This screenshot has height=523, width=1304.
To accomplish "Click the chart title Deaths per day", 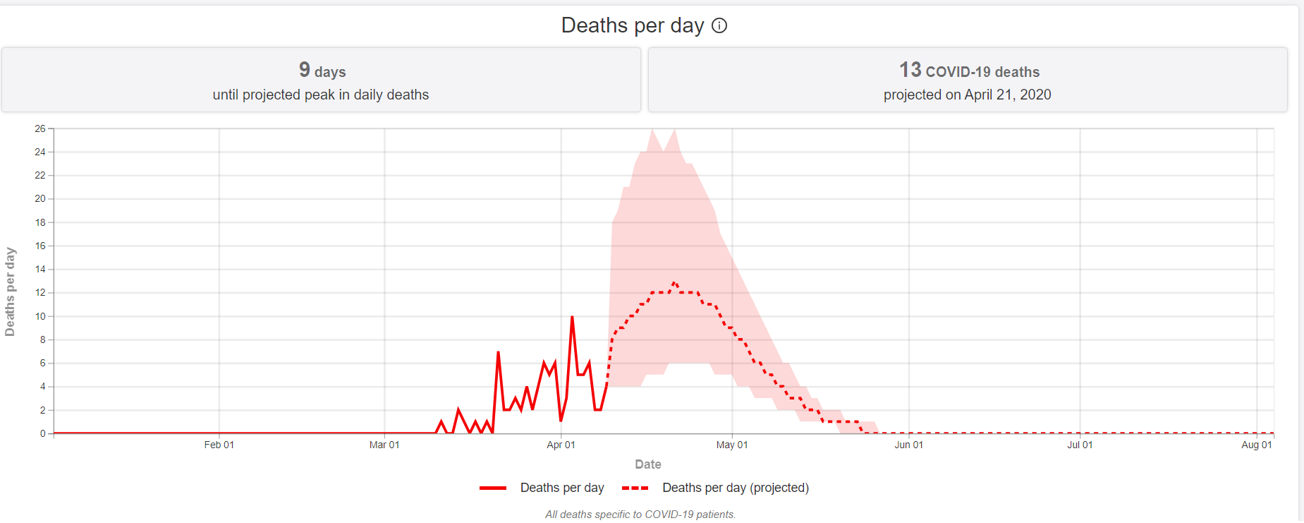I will [632, 25].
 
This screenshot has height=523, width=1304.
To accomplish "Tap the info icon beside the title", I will [719, 25].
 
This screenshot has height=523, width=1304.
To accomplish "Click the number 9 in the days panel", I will [305, 69].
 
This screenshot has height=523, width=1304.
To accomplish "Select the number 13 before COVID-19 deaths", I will [910, 70].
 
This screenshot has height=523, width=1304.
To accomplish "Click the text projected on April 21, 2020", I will [967, 95].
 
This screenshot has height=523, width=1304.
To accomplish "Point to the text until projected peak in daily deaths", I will [321, 95].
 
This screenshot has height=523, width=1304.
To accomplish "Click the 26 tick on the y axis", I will [40, 128].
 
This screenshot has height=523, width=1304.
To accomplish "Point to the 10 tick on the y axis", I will [40, 316].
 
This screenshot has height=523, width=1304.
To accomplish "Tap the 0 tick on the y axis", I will [43, 433].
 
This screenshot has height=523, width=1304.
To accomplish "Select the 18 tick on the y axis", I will [40, 222].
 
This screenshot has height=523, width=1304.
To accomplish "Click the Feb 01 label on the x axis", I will [219, 445].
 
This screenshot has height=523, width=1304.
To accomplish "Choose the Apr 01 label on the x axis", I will [561, 445].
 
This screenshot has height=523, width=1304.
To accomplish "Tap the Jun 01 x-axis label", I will [908, 445].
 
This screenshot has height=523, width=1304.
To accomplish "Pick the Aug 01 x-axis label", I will [1256, 445].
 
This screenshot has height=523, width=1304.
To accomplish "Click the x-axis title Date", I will [647, 464].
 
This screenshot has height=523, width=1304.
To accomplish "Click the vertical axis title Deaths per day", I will [10, 291].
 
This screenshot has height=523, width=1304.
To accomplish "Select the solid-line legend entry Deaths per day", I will [561, 488].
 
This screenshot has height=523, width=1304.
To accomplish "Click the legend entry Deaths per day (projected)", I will [735, 488].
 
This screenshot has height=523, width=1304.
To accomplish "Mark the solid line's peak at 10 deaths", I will [572, 317].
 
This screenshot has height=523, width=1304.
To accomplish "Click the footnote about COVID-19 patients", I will [640, 515].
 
